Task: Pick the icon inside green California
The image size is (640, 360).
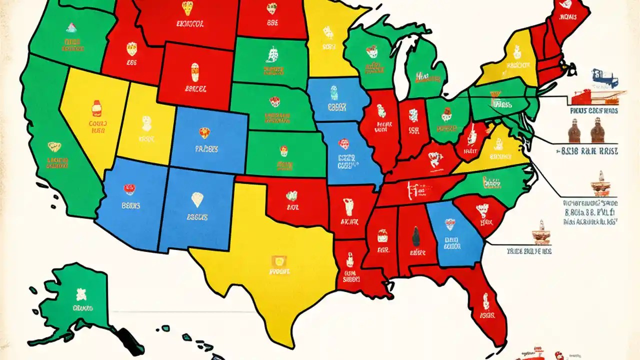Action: pyautogui.click(x=54, y=147)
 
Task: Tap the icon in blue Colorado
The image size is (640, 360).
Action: pyautogui.click(x=204, y=132)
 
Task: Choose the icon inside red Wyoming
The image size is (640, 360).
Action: pyautogui.click(x=194, y=71)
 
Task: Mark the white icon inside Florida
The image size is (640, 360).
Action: pyautogui.click(x=485, y=301)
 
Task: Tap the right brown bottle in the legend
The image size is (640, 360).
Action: pyautogui.click(x=595, y=131)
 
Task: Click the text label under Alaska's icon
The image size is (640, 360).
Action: pyautogui.click(x=82, y=308)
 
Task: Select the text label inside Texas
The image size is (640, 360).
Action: pyautogui.click(x=279, y=273)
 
